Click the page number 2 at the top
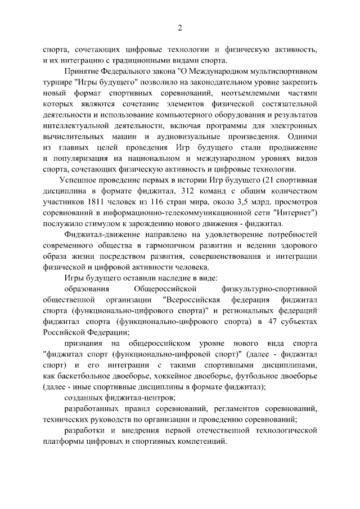[x=180, y=28]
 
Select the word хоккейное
[x=174, y=375]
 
